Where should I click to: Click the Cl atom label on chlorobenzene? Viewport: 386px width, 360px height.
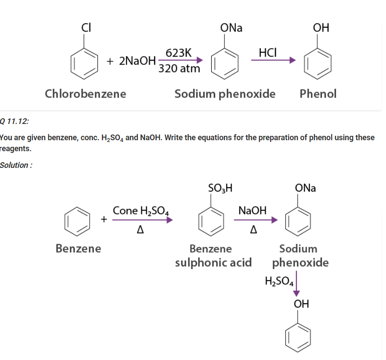[85, 27]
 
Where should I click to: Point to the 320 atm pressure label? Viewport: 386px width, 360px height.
[179, 69]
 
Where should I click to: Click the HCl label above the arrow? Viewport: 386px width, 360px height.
[267, 52]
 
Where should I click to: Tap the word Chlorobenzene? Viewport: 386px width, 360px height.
[86, 94]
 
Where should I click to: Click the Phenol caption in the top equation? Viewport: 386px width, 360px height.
[318, 94]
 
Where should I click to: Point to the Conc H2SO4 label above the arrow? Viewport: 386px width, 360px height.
[141, 211]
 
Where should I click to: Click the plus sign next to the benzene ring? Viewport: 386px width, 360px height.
[104, 218]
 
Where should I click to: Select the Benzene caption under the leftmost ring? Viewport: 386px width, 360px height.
[78, 249]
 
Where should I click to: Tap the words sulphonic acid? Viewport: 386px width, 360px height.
[213, 262]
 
